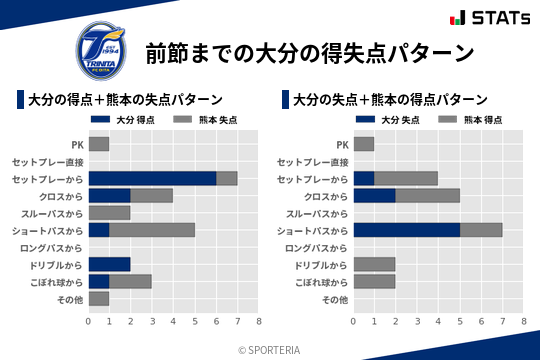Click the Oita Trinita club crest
click(x=101, y=48)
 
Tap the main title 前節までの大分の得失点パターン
click(x=309, y=52)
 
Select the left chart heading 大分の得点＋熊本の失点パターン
click(x=124, y=100)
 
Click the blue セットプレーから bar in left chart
click(x=152, y=178)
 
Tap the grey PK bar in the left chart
click(x=99, y=144)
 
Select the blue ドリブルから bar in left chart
click(x=110, y=264)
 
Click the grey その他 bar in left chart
click(x=99, y=298)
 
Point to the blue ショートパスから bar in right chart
click(x=407, y=230)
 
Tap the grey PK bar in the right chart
click(x=364, y=144)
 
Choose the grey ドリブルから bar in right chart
click(x=375, y=264)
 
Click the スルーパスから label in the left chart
click(x=55, y=213)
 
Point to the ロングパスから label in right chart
click(x=320, y=247)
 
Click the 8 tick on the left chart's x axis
click(x=258, y=321)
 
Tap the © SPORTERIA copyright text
click(x=270, y=349)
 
